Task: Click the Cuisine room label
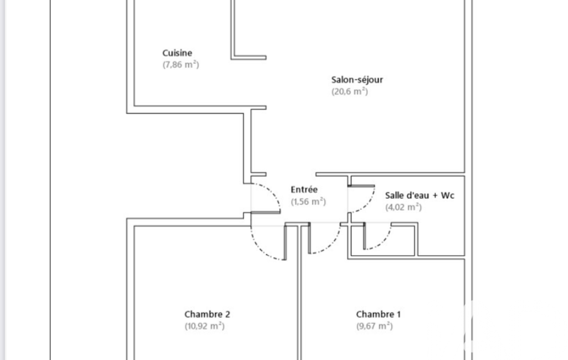pos(177,53)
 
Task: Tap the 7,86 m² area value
pos(181,65)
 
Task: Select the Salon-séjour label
pos(357,80)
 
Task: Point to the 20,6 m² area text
pos(350,92)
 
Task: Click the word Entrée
pos(304,190)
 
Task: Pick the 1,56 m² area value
pos(308,202)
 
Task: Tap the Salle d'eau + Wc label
pos(419,196)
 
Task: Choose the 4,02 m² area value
pos(403,208)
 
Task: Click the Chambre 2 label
pos(207,315)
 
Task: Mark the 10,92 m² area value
pos(204,326)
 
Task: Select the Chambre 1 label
pos(378,315)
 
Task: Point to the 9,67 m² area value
pos(375,326)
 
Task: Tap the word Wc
pos(448,196)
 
